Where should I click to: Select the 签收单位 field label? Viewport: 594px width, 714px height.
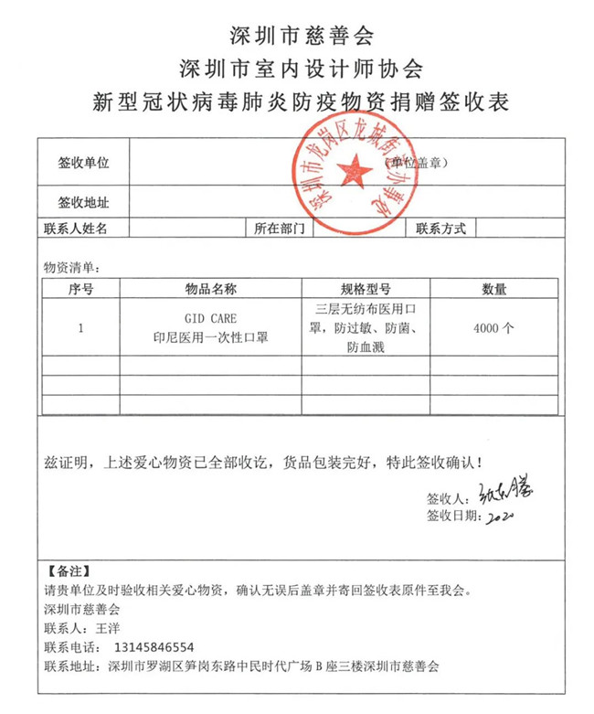[83, 163]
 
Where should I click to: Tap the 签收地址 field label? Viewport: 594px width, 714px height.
[83, 202]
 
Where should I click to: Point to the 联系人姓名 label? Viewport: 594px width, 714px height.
[76, 229]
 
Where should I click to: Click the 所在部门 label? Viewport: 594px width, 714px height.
[279, 229]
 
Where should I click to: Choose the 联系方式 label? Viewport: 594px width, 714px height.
[441, 229]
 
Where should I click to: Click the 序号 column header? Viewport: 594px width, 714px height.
[81, 289]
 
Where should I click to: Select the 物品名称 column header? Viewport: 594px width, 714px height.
[211, 289]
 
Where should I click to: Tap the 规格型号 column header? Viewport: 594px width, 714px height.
[366, 289]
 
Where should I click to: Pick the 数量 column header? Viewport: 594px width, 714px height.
[494, 289]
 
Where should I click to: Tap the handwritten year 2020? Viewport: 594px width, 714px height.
[503, 517]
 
